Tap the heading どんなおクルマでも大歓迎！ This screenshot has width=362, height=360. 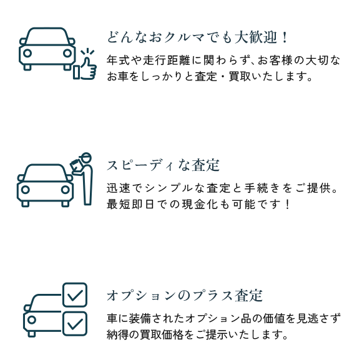[x=197, y=37]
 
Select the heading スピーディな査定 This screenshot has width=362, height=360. [x=163, y=165]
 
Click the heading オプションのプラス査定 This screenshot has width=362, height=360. [x=185, y=295]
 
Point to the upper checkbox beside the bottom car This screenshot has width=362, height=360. [x=75, y=295]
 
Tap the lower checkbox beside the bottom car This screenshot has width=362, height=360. [x=75, y=324]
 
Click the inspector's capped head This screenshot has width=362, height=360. [x=86, y=158]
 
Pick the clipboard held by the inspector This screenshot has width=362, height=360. [x=76, y=166]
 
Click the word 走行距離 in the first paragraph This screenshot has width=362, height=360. [x=167, y=61]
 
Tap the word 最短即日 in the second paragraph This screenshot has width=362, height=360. [x=130, y=204]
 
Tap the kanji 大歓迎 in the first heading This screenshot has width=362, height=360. [x=256, y=37]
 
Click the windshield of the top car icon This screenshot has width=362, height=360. [x=47, y=36]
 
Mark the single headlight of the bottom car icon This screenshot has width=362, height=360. [x=32, y=320]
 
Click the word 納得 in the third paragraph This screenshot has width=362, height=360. [x=118, y=334]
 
